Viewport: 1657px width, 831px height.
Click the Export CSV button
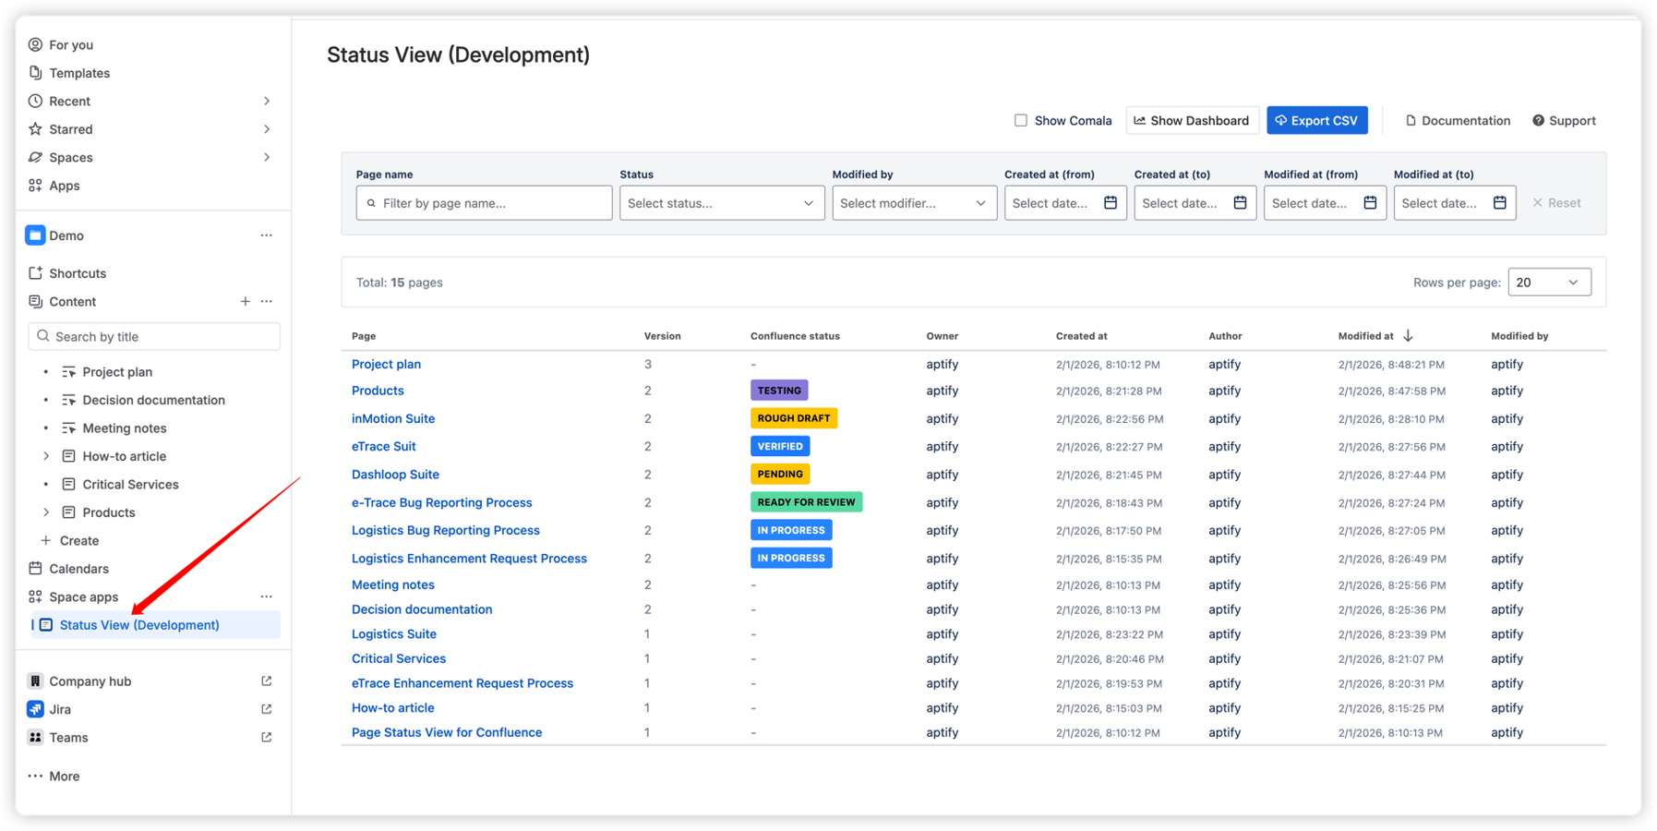[1316, 120]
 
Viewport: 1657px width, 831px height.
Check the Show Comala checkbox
[1020, 120]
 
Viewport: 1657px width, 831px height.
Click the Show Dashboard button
[1192, 120]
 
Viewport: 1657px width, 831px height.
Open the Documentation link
[1458, 120]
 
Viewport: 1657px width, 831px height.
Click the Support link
[1564, 120]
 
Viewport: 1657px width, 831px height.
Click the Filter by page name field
[484, 203]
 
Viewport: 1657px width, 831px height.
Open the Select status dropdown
[721, 203]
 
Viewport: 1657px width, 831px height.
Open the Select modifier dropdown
[913, 203]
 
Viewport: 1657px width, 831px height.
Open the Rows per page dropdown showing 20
[1549, 283]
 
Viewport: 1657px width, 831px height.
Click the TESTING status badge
[779, 391]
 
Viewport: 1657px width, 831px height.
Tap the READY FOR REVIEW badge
[806, 502]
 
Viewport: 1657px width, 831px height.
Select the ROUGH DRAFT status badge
[794, 418]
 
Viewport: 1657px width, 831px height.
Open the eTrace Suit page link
[383, 446]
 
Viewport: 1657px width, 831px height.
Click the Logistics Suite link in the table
[394, 634]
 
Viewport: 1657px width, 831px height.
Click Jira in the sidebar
[60, 709]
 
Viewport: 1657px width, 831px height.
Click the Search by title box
[154, 337]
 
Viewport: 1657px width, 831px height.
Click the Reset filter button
[1556, 203]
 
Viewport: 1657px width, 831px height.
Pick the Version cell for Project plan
[648, 364]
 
